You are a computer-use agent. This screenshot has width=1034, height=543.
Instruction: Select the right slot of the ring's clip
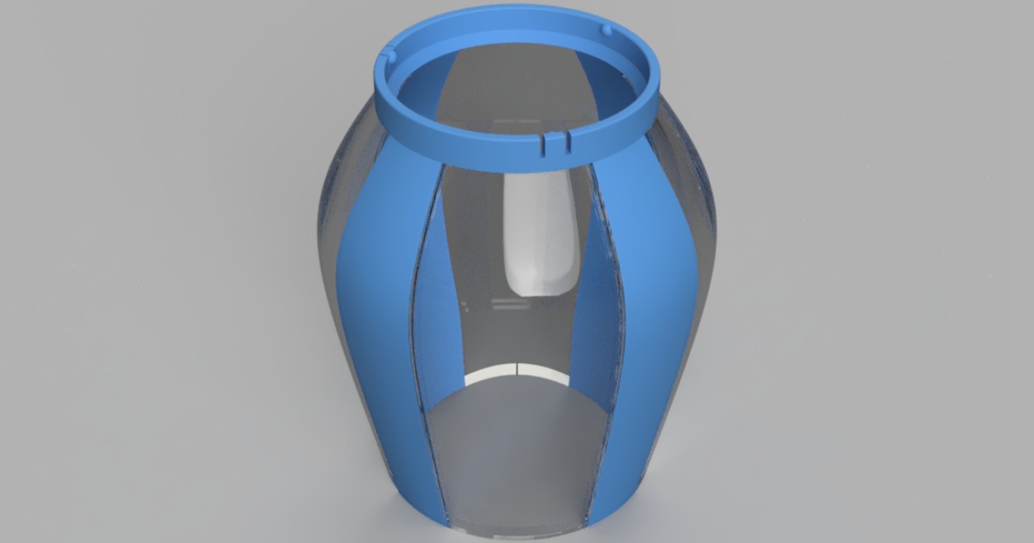pos(566,139)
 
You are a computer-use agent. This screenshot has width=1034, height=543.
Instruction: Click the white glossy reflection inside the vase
pos(540,233)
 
